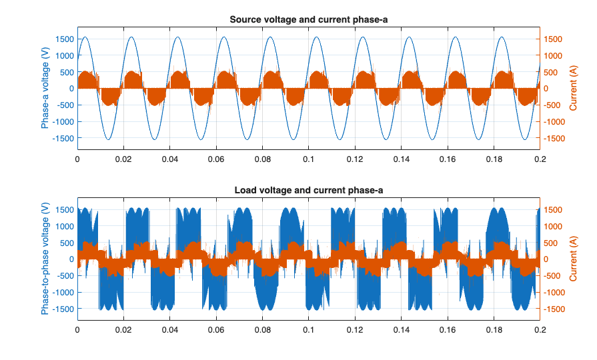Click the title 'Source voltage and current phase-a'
[308, 19]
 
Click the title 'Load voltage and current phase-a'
[308, 191]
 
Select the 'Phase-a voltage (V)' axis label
[45, 89]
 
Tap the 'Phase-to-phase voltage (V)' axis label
[45, 259]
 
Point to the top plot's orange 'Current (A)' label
[573, 89]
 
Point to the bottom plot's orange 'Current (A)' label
[573, 259]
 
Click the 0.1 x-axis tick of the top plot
[308, 160]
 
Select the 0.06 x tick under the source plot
[216, 160]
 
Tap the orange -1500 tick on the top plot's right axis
[555, 138]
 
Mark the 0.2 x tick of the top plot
[540, 160]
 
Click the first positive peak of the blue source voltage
[85, 37]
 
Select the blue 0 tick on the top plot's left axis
[71, 89]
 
